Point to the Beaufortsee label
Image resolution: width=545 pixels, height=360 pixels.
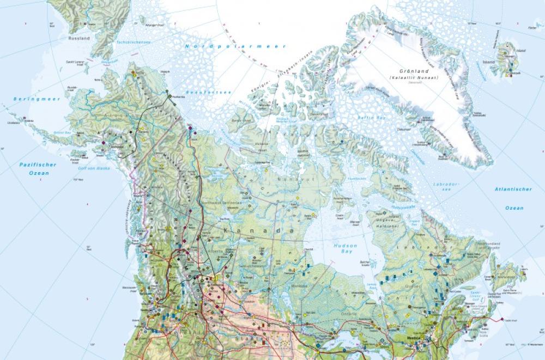tap(208, 93)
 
